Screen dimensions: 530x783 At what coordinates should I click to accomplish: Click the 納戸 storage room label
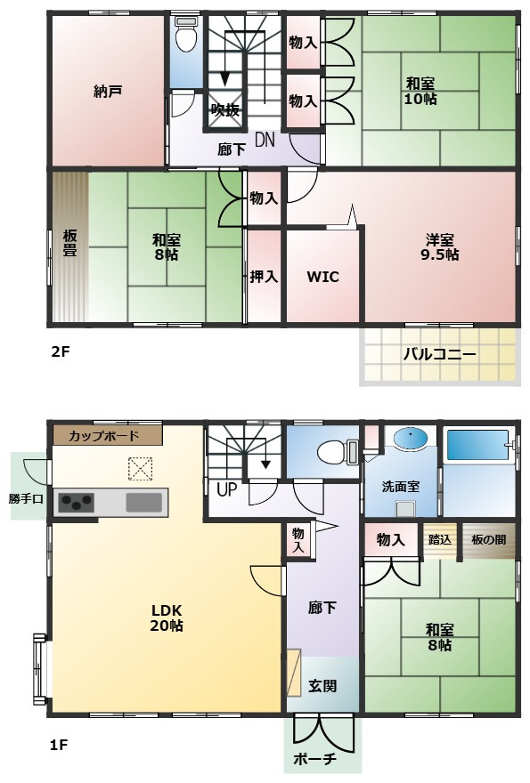click(x=108, y=92)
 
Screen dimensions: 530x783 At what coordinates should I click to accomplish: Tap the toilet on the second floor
click(x=186, y=35)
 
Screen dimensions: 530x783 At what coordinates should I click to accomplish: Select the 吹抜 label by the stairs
click(x=225, y=109)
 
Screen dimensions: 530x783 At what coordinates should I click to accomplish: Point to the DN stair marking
click(x=265, y=141)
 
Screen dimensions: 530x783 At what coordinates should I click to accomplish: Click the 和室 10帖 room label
click(x=420, y=91)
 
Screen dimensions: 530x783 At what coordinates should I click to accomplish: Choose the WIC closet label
click(x=322, y=277)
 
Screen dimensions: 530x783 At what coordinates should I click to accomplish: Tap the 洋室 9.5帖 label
click(x=439, y=246)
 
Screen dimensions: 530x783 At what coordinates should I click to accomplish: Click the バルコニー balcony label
click(x=439, y=354)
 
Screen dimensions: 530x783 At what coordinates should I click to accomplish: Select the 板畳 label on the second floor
click(x=69, y=243)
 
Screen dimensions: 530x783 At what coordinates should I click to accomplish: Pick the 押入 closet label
click(x=264, y=277)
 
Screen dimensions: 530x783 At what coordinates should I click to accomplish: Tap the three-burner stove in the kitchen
click(x=76, y=503)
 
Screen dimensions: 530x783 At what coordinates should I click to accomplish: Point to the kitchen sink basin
click(x=144, y=503)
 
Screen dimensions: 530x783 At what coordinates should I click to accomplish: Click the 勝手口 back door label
click(x=26, y=498)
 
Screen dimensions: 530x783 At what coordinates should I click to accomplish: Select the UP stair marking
click(x=226, y=489)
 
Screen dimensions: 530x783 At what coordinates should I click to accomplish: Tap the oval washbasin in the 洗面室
click(x=411, y=439)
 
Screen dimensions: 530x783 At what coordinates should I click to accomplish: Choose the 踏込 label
click(x=440, y=539)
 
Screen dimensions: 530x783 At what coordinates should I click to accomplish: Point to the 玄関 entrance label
click(x=322, y=686)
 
